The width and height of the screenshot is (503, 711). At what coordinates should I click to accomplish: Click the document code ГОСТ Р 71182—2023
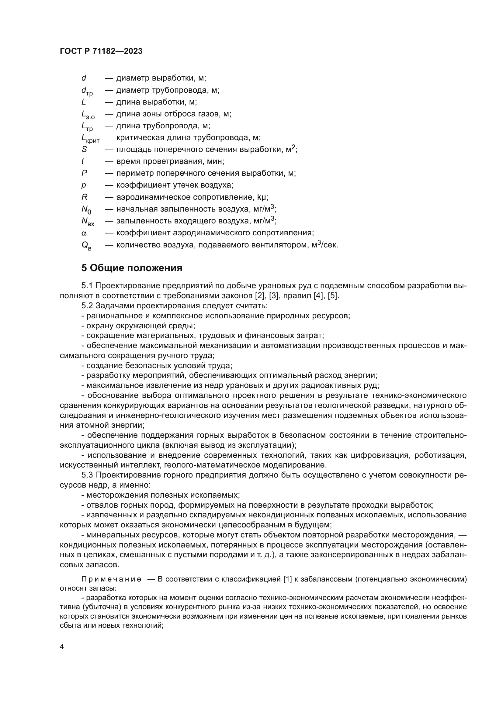coord(101,51)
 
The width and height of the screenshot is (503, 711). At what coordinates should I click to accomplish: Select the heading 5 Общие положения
coord(132,268)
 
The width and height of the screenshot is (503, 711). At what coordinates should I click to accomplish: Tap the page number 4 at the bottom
coord(62,647)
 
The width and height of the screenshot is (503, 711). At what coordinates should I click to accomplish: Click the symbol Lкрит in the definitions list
coord(90,138)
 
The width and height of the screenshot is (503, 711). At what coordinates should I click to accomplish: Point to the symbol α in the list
coord(84,233)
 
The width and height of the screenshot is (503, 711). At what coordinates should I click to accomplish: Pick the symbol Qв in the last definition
coord(86,245)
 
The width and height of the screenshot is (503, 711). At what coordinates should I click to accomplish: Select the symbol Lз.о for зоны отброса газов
coord(88,114)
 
